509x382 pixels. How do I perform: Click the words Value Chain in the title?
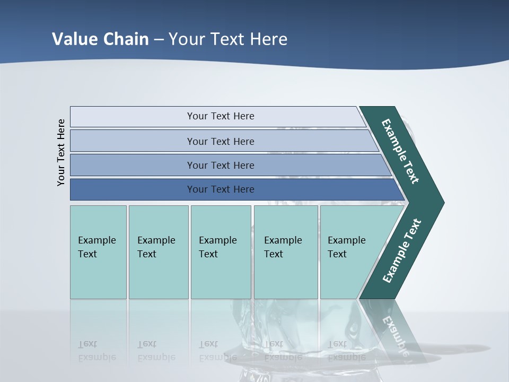pyautogui.click(x=100, y=39)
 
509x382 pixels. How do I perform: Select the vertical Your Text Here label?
pyautogui.click(x=62, y=152)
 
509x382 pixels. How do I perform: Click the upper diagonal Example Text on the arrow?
pyautogui.click(x=400, y=151)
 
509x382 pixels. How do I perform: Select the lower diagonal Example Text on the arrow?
pyautogui.click(x=402, y=251)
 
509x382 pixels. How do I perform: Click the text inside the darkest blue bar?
pyautogui.click(x=221, y=189)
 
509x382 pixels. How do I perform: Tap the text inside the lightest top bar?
pyautogui.click(x=221, y=116)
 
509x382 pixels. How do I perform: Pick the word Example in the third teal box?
pyautogui.click(x=217, y=240)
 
